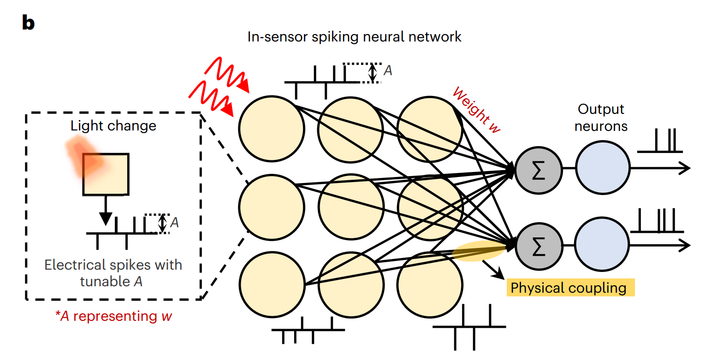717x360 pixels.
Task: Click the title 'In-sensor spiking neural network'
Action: click(x=354, y=37)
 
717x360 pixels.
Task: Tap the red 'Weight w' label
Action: click(x=476, y=110)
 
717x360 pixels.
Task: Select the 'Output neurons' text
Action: click(x=601, y=118)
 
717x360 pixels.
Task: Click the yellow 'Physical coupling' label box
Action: click(x=570, y=288)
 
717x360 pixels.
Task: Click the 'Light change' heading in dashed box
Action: click(x=113, y=126)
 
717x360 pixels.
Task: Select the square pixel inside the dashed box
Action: click(x=106, y=174)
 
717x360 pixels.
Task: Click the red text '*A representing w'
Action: click(x=113, y=317)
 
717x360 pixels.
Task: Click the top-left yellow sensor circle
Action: click(x=272, y=128)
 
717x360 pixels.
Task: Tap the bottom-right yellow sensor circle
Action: click(x=430, y=283)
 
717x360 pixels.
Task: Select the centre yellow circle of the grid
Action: click(x=351, y=206)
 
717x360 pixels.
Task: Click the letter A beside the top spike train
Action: click(x=388, y=71)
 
